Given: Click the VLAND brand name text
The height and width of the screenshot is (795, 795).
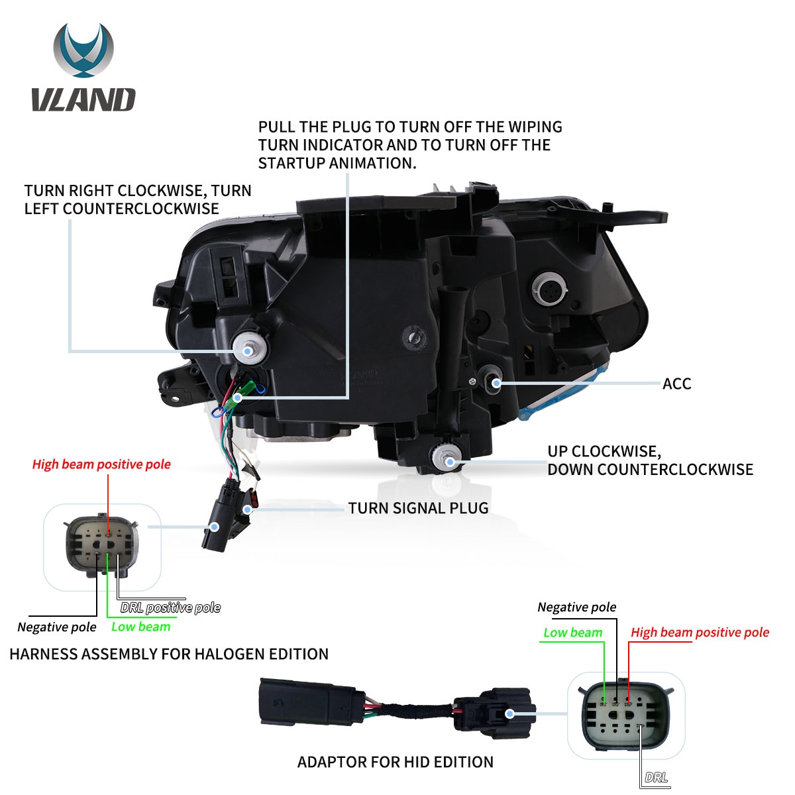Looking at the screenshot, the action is click(83, 99).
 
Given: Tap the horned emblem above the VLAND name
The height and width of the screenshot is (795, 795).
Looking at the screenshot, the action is click(83, 50).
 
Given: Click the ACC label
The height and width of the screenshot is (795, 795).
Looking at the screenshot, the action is click(676, 384).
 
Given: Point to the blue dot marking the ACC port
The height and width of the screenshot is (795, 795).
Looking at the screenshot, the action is click(497, 383).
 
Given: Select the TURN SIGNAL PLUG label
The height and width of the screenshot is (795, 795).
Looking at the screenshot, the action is click(418, 508).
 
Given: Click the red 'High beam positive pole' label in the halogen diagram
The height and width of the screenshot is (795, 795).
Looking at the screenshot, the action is click(101, 464).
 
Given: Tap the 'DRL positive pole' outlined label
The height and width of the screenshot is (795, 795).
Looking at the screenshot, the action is click(170, 608).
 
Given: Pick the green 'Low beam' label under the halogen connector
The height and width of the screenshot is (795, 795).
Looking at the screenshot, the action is click(141, 627).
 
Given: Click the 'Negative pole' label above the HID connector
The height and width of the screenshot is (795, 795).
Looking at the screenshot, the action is click(577, 607).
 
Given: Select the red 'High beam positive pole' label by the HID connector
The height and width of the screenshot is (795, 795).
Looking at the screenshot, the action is click(700, 632).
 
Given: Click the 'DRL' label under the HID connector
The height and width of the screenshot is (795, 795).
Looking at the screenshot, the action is click(657, 777).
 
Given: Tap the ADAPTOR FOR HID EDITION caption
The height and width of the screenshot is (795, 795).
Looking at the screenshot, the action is click(396, 762).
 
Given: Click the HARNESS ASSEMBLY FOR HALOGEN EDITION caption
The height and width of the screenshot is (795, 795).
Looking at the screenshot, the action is click(169, 654).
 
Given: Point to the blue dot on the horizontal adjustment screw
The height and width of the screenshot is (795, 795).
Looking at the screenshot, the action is click(248, 351).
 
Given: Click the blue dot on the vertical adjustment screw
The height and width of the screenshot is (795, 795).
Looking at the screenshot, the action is click(450, 461).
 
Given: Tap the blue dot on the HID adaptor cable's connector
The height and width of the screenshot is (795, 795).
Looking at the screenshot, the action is click(510, 714).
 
